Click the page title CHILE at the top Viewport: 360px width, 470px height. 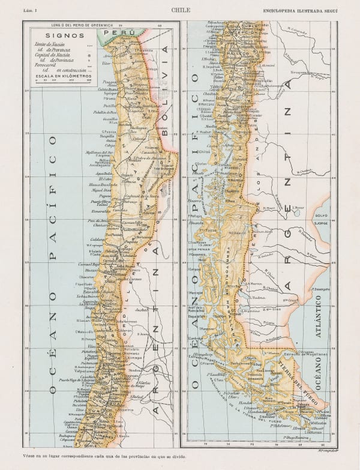[x=180, y=10]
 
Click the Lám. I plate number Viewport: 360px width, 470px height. [x=30, y=10]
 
